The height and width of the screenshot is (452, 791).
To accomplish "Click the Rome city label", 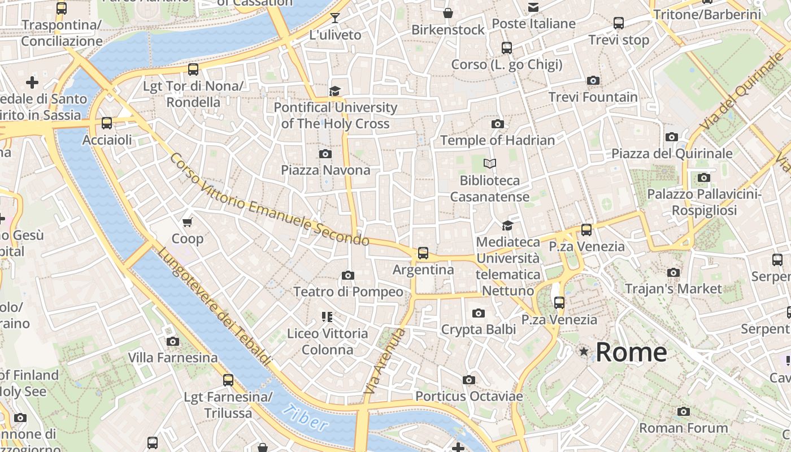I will coord(631,352).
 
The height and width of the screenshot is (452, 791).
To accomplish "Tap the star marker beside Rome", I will coord(584,352).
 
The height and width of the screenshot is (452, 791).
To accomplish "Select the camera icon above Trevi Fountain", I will coord(593,81).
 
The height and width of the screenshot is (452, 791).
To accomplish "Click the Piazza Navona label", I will coord(325,170).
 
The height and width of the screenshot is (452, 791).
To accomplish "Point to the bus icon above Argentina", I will coord(423,253).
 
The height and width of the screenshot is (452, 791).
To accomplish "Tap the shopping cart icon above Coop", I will coord(188,222).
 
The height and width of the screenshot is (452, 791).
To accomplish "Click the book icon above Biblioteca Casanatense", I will coord(490,164).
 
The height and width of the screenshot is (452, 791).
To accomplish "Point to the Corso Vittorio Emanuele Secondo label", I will coord(269,199).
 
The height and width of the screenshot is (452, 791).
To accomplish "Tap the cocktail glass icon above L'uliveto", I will coord(335,18).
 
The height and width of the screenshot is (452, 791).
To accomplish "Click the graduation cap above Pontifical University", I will coord(335,91).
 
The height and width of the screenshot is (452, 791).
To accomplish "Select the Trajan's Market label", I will coord(673,289).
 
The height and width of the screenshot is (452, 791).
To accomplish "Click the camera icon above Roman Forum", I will coord(683,411).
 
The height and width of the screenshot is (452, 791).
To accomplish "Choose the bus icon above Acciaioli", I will coord(107,123).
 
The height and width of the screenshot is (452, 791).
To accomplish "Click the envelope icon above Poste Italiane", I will coord(533,7).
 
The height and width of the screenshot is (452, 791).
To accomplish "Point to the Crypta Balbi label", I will coord(479,329).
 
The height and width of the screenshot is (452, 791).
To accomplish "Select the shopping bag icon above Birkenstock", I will coord(448,13).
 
